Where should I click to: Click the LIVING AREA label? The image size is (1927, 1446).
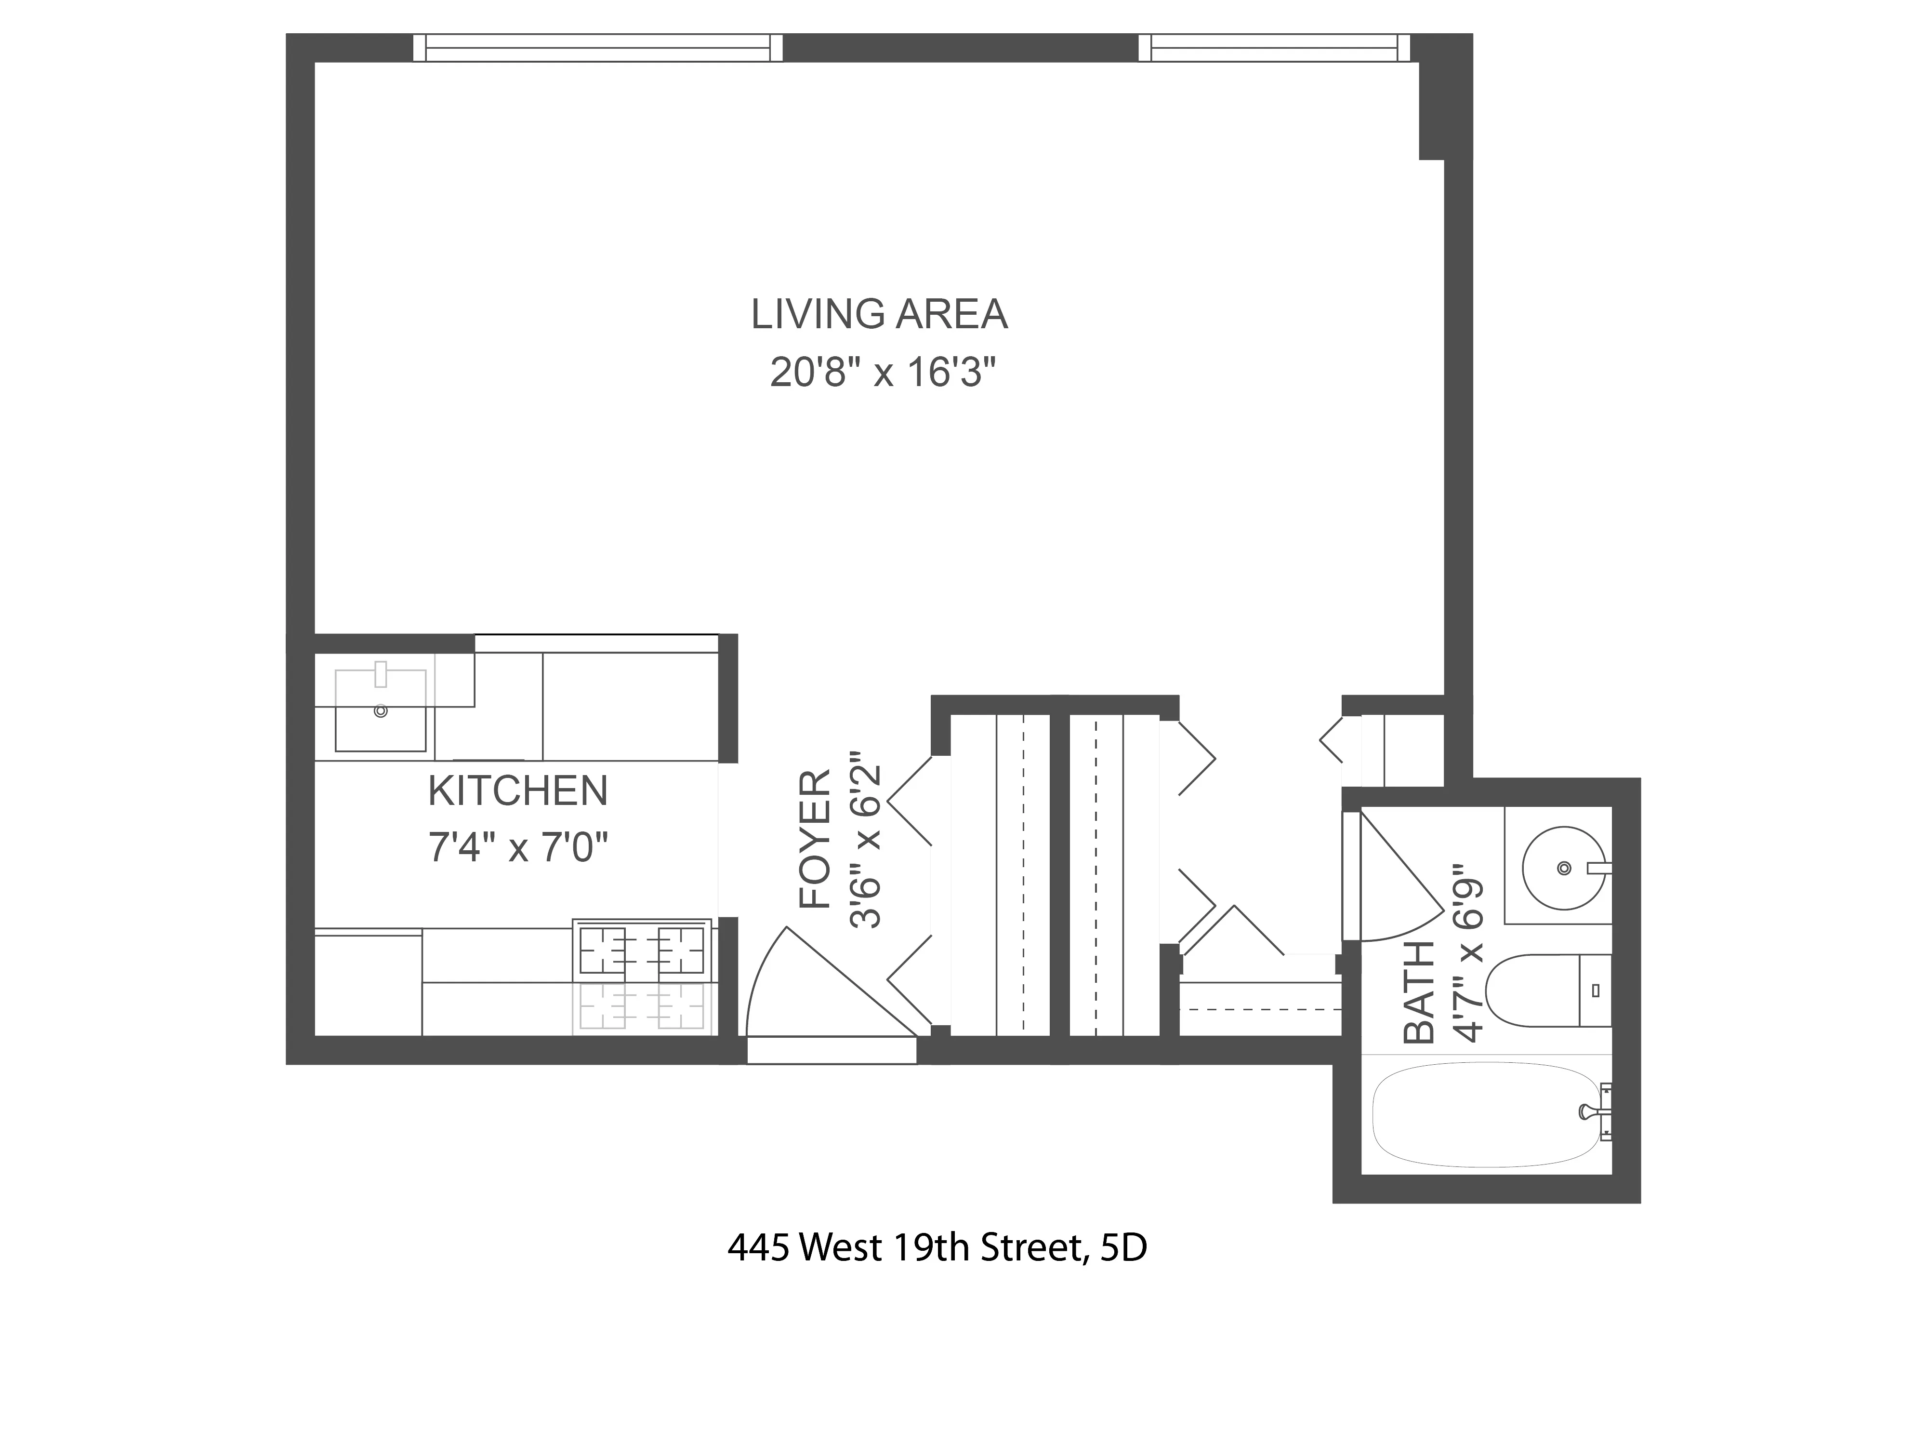click(880, 315)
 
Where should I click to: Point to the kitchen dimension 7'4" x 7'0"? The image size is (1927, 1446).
click(517, 847)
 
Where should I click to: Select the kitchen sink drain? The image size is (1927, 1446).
click(380, 711)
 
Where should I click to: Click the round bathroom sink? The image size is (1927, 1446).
click(1564, 868)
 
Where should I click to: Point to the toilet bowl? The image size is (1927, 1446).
click(1531, 991)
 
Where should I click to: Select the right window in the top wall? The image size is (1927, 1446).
click(1274, 47)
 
